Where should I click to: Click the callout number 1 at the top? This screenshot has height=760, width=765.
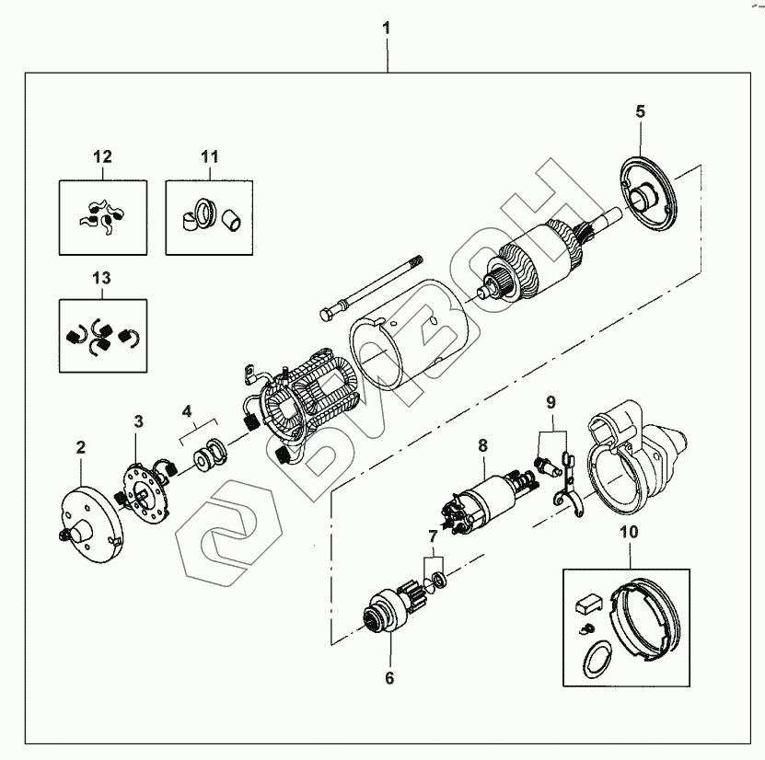[x=387, y=29]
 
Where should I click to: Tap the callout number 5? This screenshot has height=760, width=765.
[x=640, y=111]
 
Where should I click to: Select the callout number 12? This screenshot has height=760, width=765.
[x=102, y=156]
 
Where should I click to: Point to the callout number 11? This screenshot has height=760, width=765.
[x=210, y=156]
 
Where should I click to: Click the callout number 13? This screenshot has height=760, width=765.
[x=102, y=278]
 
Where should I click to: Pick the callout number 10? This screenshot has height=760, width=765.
[x=629, y=532]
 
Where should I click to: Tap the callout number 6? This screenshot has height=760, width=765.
[x=389, y=678]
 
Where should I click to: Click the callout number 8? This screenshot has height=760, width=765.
[x=482, y=445]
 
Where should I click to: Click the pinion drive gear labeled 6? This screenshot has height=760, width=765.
[x=391, y=609]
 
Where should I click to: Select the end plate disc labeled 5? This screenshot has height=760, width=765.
[x=648, y=198]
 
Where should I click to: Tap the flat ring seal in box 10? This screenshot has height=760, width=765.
[x=597, y=659]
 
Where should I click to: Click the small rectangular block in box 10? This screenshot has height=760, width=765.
[x=589, y=603]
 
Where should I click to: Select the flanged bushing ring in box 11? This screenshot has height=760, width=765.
[x=205, y=213]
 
